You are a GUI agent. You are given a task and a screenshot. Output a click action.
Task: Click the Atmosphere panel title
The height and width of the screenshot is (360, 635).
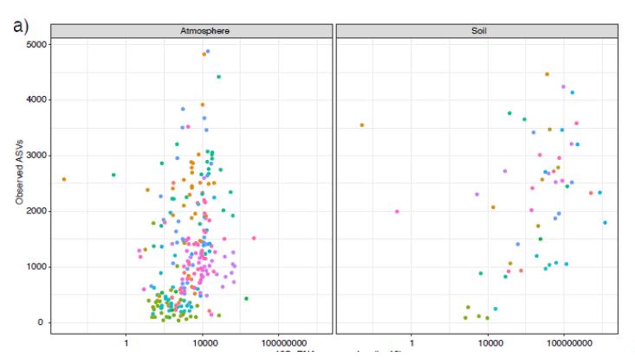click(x=205, y=31)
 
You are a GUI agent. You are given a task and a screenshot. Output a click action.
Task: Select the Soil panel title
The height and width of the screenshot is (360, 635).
click(x=479, y=31)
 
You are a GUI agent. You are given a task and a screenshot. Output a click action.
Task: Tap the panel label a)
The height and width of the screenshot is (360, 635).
click(x=21, y=26)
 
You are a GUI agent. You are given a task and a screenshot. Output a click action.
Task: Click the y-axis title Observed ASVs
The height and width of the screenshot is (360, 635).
click(x=19, y=172)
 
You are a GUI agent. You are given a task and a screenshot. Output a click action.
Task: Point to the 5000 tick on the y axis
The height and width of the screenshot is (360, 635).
click(x=37, y=44)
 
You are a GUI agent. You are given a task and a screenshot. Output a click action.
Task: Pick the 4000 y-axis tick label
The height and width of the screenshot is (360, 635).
click(x=37, y=100)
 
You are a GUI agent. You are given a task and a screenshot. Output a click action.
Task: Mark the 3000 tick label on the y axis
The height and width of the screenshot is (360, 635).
click(x=37, y=155)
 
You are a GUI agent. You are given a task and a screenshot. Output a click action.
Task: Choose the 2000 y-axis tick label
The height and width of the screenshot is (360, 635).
click(x=37, y=211)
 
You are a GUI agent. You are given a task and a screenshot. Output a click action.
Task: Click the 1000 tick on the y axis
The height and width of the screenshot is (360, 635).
click(x=37, y=267)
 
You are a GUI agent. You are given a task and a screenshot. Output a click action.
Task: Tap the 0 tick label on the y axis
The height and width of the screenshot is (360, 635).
click(x=40, y=323)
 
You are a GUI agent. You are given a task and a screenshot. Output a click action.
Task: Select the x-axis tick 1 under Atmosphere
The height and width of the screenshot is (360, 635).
click(x=126, y=343)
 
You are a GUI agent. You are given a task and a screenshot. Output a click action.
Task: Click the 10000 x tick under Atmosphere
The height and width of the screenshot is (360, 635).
click(x=205, y=343)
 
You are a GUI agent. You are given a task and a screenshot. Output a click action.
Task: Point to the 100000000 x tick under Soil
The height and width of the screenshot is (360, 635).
click(x=569, y=343)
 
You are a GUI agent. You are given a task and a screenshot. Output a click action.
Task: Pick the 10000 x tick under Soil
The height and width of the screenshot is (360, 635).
click(x=490, y=343)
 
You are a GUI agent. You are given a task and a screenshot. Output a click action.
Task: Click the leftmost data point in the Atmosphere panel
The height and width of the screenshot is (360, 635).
click(x=64, y=179)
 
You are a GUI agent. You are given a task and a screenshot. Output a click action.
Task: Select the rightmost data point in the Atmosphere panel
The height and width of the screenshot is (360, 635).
click(x=254, y=238)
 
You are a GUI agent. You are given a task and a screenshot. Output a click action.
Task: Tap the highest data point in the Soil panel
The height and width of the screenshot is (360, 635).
click(x=547, y=74)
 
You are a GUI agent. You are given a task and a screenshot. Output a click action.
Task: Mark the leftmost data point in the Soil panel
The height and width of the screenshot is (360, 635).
click(x=362, y=125)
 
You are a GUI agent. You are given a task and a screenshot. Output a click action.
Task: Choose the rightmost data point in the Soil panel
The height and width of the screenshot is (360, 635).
click(x=605, y=223)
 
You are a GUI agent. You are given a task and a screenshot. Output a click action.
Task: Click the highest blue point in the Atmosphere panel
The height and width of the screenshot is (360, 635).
click(x=208, y=52)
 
